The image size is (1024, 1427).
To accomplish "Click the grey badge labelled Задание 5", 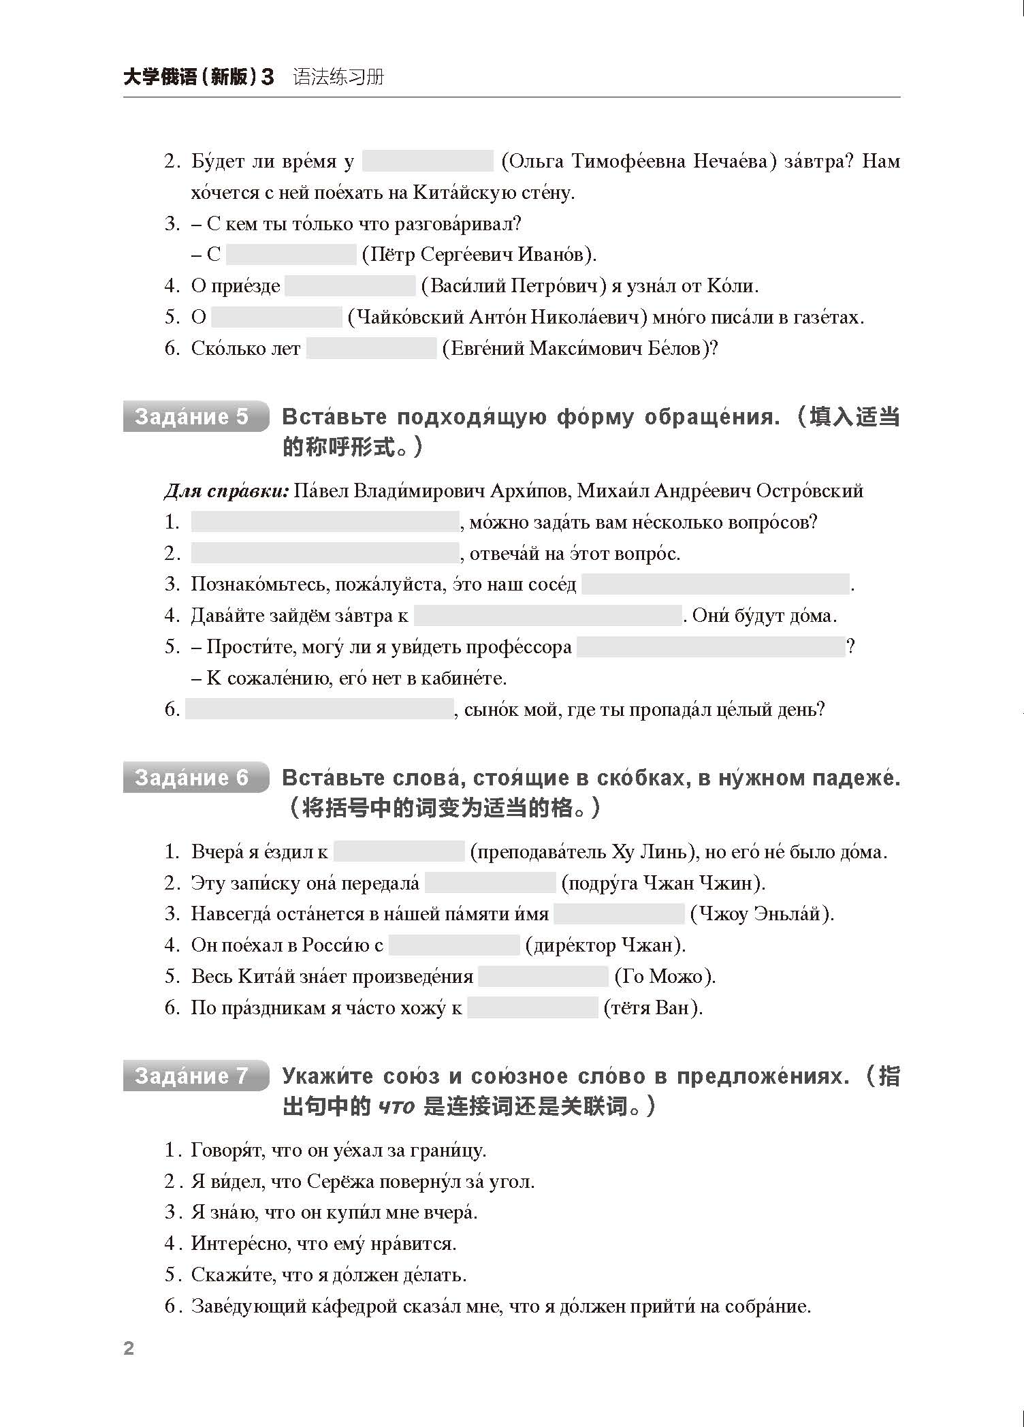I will coord(195,416).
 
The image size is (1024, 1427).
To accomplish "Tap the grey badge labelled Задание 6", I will coord(195,777).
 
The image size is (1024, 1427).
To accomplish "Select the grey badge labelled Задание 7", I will coord(195,1076).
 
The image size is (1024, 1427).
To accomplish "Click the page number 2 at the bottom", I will coord(129,1348).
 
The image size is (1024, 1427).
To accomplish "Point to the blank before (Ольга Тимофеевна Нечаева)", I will coord(428,161).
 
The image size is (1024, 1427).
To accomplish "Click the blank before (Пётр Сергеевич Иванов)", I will coord(291,255).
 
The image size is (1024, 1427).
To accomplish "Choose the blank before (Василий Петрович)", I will coord(350,286).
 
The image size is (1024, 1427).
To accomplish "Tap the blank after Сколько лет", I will coord(371,349).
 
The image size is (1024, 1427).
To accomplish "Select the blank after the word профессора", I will coord(710,647).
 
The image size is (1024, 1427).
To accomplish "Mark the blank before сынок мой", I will coord(319,710).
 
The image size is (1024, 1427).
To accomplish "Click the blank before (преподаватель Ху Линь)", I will coord(399,851).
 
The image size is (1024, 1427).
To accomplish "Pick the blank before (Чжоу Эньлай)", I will coord(619,914).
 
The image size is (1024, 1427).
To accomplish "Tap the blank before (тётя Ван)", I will coord(532,1008).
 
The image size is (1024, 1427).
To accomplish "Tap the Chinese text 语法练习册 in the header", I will coord(338,77).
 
